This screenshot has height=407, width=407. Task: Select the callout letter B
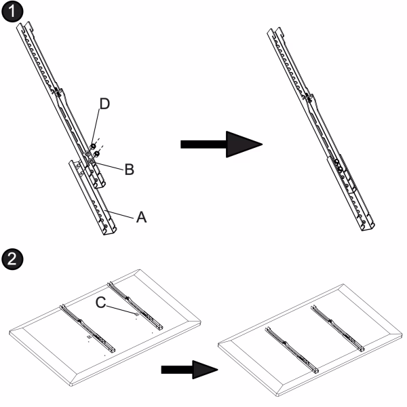pos(130,170)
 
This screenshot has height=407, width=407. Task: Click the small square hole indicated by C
pos(136,314)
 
